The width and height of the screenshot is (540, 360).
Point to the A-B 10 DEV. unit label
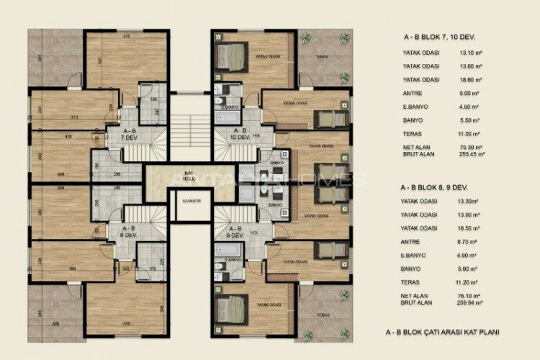coord(240,133)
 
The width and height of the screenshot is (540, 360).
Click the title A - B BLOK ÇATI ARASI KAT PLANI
coord(442,332)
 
